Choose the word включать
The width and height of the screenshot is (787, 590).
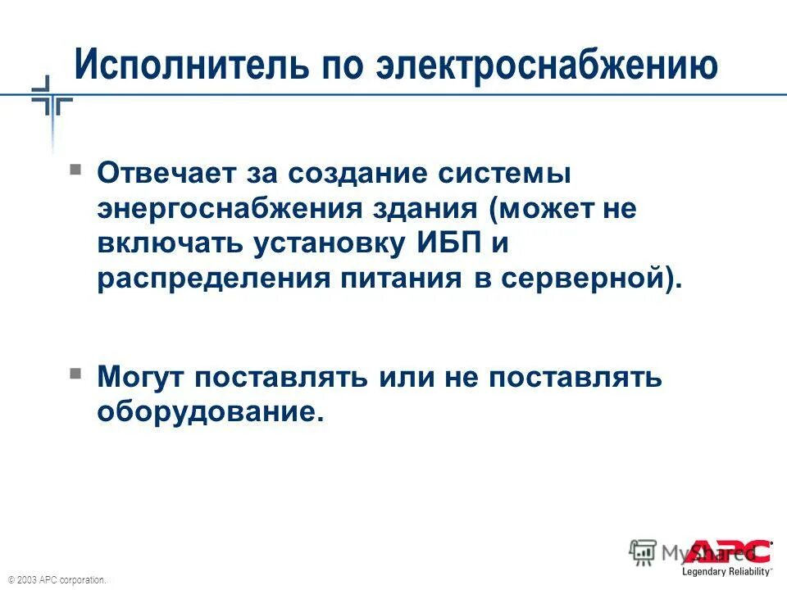point(171,243)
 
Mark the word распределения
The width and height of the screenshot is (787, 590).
point(209,279)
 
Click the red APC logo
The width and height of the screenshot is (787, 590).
point(729,551)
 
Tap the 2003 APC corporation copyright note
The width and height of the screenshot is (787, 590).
point(57,579)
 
